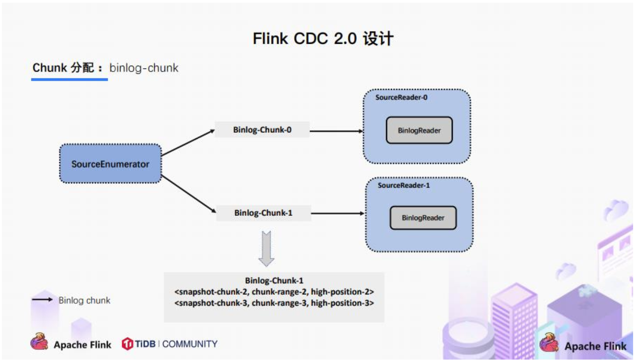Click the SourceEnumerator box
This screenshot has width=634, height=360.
(110, 164)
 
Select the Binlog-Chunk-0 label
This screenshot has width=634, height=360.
(262, 130)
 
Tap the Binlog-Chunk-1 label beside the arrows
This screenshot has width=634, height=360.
(263, 213)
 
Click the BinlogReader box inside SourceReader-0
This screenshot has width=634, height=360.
(419, 130)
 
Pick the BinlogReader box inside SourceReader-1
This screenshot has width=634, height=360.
(423, 218)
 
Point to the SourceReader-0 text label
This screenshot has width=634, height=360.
(401, 98)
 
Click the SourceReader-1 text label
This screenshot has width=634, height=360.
(404, 186)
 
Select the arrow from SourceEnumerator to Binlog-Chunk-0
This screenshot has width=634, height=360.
(187, 143)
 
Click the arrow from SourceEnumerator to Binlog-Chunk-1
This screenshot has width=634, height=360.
(187, 193)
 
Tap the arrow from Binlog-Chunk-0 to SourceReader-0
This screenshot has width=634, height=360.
(336, 130)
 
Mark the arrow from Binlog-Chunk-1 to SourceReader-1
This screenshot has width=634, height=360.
(338, 213)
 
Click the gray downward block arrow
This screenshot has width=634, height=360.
(266, 248)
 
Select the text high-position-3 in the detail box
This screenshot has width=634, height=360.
(342, 303)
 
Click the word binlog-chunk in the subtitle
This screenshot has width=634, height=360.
(144, 68)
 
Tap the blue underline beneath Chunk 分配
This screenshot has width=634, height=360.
(69, 79)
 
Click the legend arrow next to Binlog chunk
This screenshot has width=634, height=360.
(42, 300)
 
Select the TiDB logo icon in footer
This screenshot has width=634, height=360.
(127, 344)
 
